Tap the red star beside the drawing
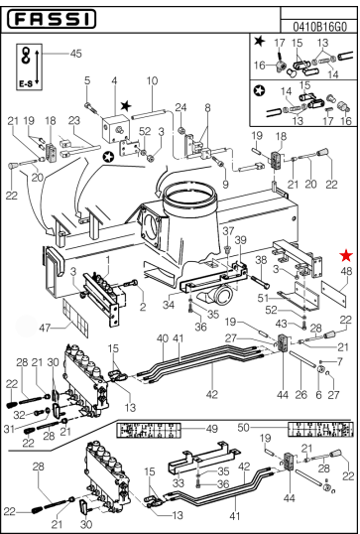[345, 256]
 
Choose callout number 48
[346, 271]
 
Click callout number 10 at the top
[152, 80]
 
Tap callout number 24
[180, 107]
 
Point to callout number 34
[169, 306]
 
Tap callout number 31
[11, 430]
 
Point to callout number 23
[73, 120]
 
